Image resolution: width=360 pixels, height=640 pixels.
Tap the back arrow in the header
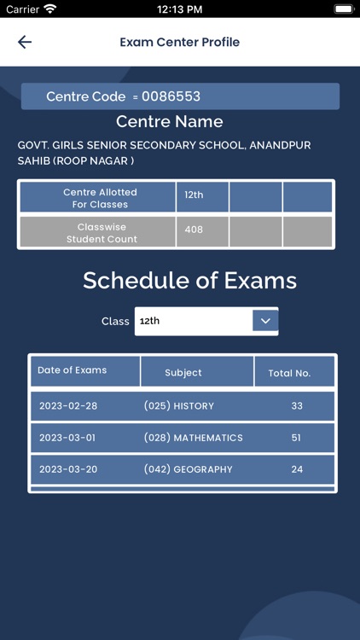25,42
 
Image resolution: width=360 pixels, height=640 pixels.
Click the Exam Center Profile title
179,42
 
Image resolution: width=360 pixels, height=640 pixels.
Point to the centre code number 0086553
171,96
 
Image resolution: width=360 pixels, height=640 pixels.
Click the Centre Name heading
170,121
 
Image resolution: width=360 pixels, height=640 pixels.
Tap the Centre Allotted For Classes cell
99,198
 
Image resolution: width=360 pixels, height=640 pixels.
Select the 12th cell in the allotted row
195,195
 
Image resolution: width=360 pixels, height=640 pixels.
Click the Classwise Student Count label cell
99,233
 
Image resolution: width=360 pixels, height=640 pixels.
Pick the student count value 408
195,230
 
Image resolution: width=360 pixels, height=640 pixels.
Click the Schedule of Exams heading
189,280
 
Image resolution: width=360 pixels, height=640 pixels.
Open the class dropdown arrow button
265,321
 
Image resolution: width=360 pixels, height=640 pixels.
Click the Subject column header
183,373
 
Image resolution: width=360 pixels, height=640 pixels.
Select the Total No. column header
290,373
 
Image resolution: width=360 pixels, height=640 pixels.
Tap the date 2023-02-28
68,406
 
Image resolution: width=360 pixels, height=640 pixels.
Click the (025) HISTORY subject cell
179,406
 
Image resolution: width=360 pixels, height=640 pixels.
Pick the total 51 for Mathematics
297,438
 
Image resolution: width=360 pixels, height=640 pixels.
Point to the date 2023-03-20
68,469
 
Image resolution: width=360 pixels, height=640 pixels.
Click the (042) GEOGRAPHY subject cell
189,469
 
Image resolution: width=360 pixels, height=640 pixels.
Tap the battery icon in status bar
343,9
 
